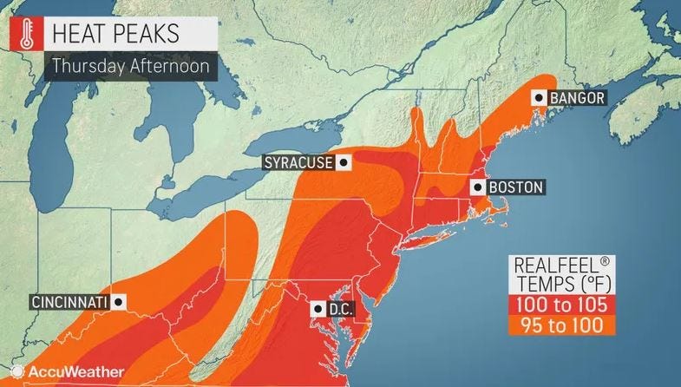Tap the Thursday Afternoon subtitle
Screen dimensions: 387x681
point(126,66)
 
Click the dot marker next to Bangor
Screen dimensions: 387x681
point(540,98)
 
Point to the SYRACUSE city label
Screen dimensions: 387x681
point(300,162)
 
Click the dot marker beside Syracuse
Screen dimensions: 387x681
point(344,162)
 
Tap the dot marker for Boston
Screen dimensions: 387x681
point(477,187)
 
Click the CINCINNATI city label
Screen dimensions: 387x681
point(69,302)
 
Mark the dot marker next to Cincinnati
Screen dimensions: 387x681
point(119,302)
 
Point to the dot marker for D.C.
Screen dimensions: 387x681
point(318,308)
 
